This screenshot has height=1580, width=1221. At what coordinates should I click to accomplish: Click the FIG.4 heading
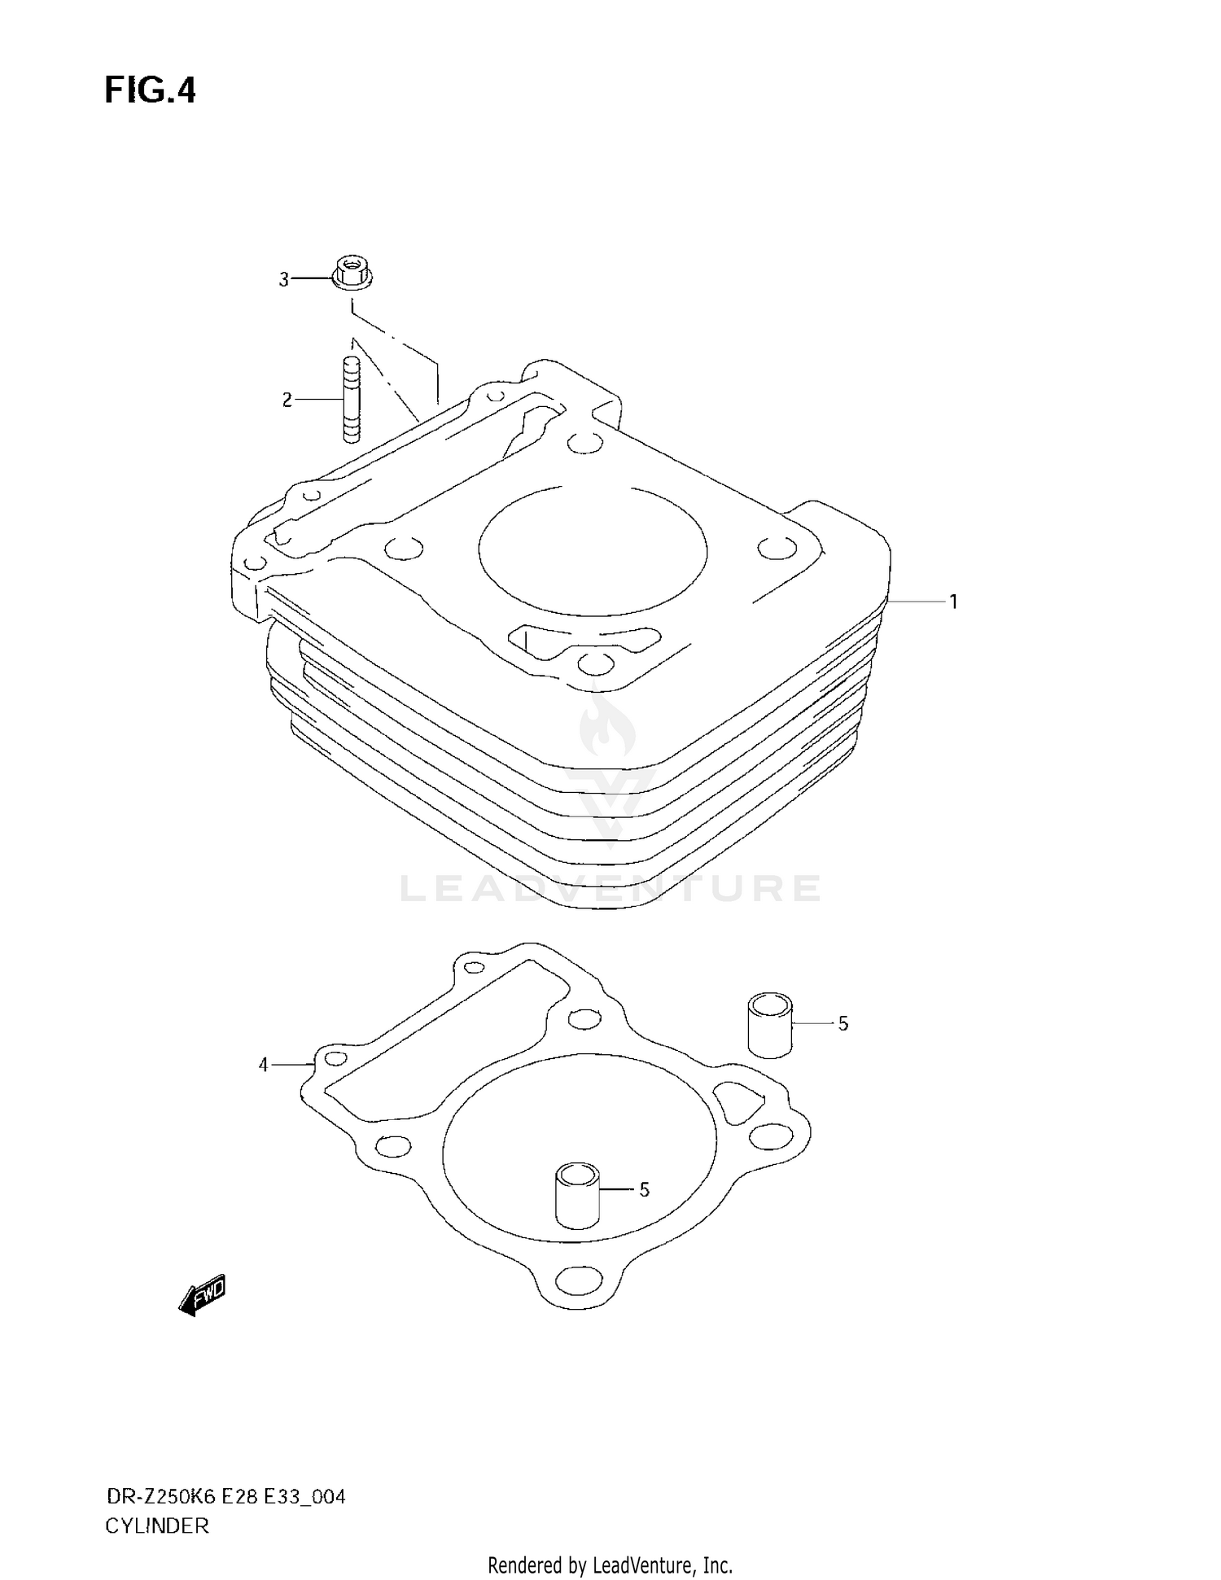point(151,90)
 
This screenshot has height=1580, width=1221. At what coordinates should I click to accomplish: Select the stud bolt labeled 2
point(352,400)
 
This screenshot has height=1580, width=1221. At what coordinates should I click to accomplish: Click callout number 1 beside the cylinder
point(953,602)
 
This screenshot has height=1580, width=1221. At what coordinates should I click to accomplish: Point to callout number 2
point(287,400)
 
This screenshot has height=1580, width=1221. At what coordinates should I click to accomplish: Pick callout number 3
point(284,280)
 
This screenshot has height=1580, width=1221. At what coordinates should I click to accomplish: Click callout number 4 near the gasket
point(263,1065)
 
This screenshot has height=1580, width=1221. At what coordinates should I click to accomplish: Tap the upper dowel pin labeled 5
point(770,1025)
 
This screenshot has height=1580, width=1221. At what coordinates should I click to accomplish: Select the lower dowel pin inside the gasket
point(577,1195)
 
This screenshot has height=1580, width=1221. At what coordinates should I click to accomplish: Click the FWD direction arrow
point(202,1295)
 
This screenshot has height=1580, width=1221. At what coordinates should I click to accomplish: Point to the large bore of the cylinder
point(593,551)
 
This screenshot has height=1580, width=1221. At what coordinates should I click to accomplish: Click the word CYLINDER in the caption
point(157,1526)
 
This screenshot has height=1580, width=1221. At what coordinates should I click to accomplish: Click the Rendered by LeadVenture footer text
point(610,1565)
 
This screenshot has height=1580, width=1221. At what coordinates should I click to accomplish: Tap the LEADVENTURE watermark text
point(610,889)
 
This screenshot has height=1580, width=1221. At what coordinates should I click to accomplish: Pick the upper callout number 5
point(843,1024)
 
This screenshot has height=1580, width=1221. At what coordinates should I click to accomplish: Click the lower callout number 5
point(644,1190)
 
